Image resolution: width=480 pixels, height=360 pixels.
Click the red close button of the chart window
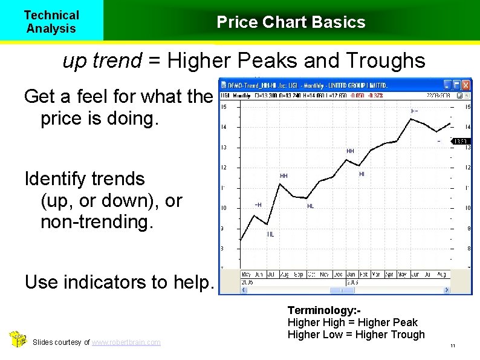466,85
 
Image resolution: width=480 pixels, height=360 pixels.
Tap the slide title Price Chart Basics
291,22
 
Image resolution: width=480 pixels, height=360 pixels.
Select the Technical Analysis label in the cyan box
51,22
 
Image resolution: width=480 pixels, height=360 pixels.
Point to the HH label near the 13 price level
350,151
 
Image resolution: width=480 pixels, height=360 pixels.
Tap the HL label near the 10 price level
310,206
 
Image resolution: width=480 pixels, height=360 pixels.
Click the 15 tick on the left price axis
224,107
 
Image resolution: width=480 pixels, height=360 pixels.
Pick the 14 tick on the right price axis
467,127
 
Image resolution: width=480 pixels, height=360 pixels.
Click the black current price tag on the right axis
461,142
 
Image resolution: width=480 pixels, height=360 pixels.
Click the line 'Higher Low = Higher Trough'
356,335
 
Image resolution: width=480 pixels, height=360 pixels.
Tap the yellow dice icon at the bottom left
18,340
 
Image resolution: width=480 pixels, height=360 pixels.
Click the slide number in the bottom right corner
452,346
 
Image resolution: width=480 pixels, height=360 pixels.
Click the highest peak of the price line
410,119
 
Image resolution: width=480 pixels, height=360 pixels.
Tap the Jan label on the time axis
351,274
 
